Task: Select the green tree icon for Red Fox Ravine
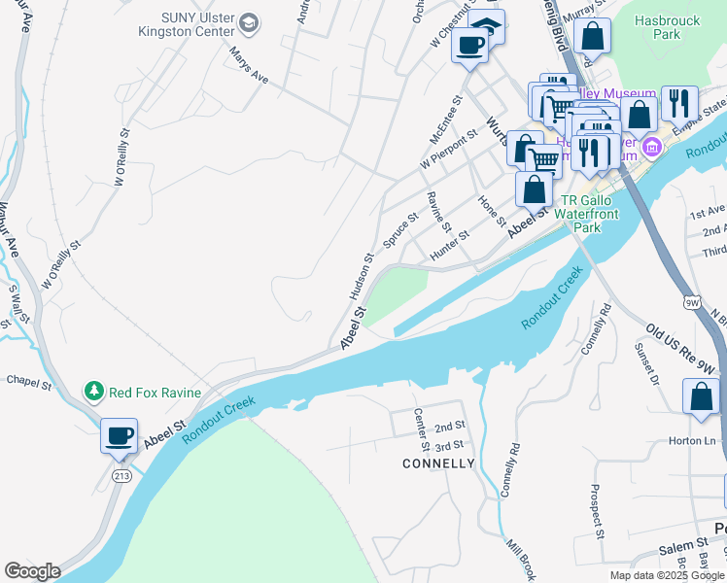pyautogui.click(x=94, y=392)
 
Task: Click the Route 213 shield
pyautogui.click(x=121, y=475)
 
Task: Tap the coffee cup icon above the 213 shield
pyautogui.click(x=120, y=436)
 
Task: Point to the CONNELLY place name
pyautogui.click(x=438, y=463)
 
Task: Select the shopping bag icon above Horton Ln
pyautogui.click(x=701, y=397)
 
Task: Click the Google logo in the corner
pyautogui.click(x=32, y=571)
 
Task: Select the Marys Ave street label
pyautogui.click(x=249, y=64)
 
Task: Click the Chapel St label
pyautogui.click(x=29, y=382)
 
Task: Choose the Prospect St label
pyautogui.click(x=595, y=511)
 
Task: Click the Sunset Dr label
pyautogui.click(x=646, y=361)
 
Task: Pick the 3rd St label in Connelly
pyautogui.click(x=449, y=445)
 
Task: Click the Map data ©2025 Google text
pyautogui.click(x=667, y=574)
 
